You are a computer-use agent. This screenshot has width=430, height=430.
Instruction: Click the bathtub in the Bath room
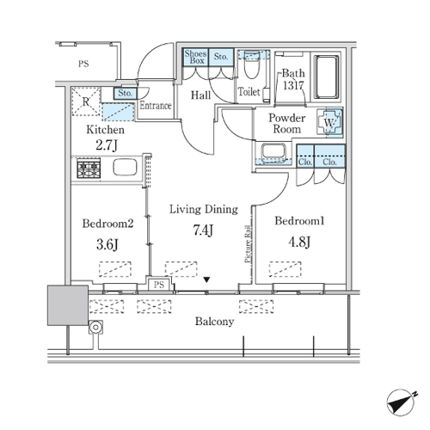point(327,77)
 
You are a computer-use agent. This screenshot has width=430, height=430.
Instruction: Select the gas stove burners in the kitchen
point(89,169)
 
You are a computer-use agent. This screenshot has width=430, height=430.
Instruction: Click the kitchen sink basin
point(125,167)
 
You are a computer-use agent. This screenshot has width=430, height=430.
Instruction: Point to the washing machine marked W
point(329,122)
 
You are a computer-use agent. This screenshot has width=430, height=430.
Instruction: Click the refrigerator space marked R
point(86,101)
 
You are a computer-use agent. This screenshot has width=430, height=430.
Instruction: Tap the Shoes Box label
point(195,57)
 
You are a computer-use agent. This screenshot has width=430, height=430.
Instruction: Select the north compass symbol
point(402,402)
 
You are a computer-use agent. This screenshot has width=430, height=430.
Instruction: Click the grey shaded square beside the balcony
point(68,305)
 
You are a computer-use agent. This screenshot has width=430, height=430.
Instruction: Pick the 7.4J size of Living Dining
point(203,230)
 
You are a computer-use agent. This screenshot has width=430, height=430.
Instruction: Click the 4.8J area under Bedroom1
point(299,243)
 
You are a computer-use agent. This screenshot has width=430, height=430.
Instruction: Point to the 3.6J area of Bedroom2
point(107,244)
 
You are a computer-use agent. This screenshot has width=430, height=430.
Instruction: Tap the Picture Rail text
point(249,244)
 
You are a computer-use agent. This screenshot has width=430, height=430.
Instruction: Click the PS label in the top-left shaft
point(83,64)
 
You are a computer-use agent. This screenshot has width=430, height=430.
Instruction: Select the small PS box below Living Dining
point(159,285)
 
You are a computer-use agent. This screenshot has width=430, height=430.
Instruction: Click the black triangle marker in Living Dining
point(206,279)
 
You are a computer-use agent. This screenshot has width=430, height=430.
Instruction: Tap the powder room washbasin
point(273,151)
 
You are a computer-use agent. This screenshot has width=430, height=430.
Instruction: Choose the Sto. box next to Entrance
point(125,93)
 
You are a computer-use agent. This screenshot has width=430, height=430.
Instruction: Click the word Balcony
point(214,322)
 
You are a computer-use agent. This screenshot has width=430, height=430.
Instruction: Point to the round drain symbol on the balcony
point(95,327)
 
